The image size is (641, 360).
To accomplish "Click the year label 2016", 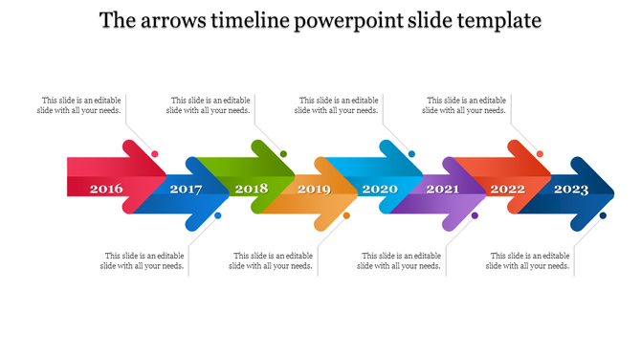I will [x=106, y=189].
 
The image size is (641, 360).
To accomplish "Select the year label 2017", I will [x=186, y=189].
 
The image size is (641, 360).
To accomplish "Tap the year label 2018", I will [x=252, y=189].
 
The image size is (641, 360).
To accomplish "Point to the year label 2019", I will [x=314, y=189].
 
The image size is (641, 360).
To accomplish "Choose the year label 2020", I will [x=380, y=189].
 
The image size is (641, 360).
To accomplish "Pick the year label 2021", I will [x=442, y=189].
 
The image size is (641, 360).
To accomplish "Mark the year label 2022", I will [x=508, y=189].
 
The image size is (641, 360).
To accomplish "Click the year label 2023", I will [x=571, y=189].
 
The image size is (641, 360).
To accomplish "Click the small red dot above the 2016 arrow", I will [x=155, y=154].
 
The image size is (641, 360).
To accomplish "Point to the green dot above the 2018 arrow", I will [x=283, y=154].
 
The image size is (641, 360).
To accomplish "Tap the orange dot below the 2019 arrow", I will [x=346, y=215].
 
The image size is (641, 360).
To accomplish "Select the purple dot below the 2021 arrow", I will [x=475, y=215].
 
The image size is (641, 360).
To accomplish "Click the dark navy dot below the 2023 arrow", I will [x=603, y=215].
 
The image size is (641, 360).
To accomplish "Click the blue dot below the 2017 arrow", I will [x=218, y=215].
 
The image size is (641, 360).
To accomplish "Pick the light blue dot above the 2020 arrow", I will [x=411, y=154].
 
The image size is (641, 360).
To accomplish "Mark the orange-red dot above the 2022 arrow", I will [x=540, y=154].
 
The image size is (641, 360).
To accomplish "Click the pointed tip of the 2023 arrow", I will [x=615, y=188].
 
